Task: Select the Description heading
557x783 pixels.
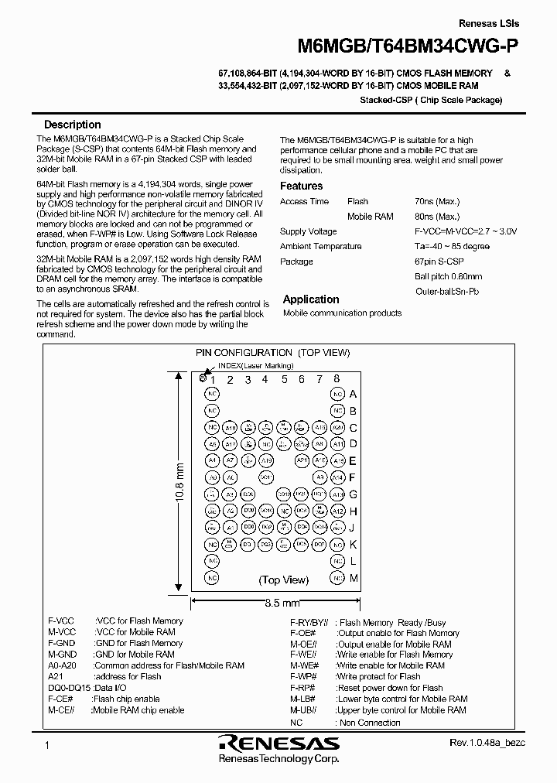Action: (x=72, y=125)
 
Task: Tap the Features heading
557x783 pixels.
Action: (x=301, y=186)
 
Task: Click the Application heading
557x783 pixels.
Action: (x=310, y=299)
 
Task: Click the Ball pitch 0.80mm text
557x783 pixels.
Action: (x=448, y=276)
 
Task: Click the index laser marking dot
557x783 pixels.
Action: (x=203, y=378)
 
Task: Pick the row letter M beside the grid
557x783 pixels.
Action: (x=353, y=579)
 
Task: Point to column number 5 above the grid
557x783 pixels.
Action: (x=285, y=379)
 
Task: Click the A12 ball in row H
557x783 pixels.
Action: (x=337, y=511)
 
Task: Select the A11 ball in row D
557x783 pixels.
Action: (x=231, y=444)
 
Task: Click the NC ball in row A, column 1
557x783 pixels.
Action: (x=211, y=394)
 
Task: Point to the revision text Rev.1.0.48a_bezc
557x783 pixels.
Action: (x=487, y=743)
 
